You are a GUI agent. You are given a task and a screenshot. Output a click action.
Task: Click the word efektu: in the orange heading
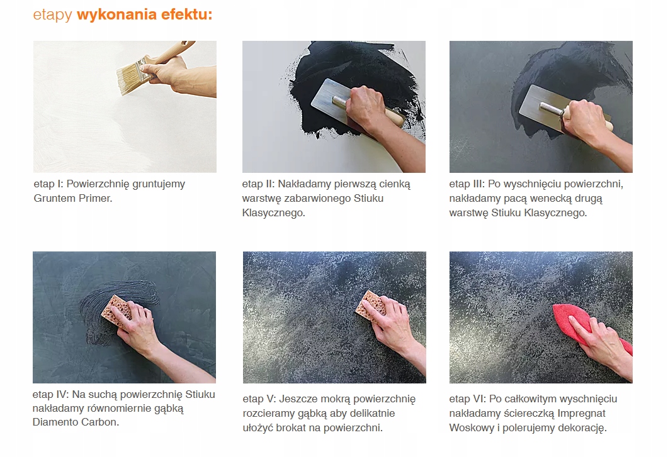186,14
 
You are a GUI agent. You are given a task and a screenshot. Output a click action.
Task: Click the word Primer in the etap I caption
94,198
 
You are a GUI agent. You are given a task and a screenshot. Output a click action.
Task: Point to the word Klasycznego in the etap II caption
273,212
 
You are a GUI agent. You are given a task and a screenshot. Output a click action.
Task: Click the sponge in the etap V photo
370,305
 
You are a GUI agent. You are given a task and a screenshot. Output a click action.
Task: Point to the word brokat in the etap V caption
292,427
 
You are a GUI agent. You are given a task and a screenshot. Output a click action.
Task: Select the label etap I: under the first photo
48,184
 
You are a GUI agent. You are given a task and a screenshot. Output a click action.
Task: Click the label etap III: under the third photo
467,184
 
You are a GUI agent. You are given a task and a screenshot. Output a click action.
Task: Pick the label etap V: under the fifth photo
259,399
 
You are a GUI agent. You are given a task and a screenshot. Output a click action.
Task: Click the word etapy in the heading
53,15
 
